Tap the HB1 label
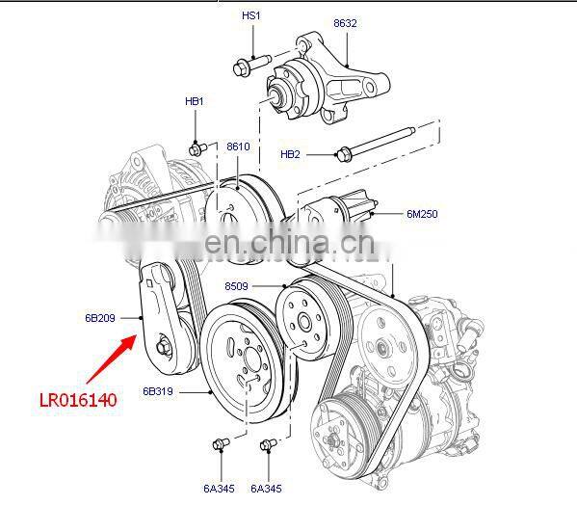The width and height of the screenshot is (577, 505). point(194,101)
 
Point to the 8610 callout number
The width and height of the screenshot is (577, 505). point(238,146)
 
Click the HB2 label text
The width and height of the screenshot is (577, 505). point(290,154)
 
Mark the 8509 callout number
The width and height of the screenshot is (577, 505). point(237,286)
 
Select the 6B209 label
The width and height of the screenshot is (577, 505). point(99,316)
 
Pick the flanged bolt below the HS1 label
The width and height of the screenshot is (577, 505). point(243,67)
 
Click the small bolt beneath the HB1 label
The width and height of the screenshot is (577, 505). point(198,148)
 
